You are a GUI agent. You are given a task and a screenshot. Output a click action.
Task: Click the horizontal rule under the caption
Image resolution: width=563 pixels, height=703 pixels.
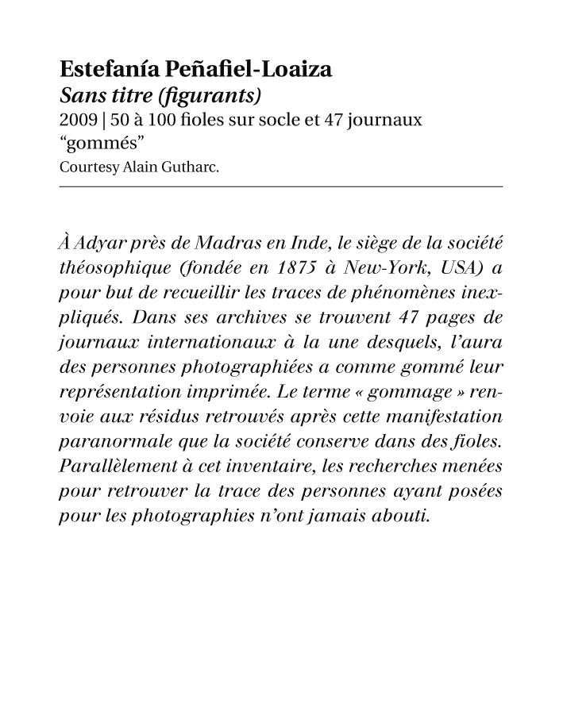coord(281,186)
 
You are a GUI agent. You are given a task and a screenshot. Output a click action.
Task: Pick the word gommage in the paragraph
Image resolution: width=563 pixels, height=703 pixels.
coord(413,393)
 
